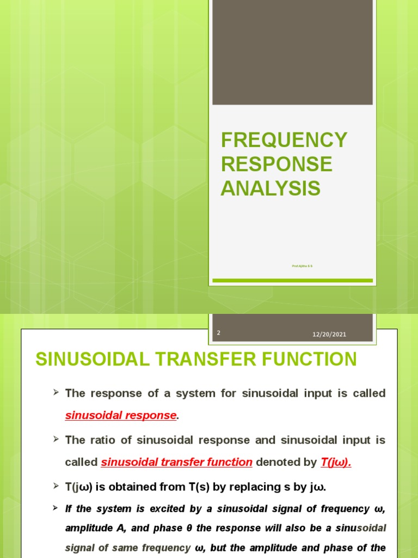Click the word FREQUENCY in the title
coord(284,140)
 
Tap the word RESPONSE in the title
coord(276,164)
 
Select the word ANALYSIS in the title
coord(271,188)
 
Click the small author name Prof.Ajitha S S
coord(302,266)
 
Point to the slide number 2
coord(218,332)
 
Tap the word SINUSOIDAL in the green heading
coord(104,360)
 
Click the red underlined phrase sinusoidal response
coord(121,415)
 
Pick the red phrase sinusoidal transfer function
coord(177,462)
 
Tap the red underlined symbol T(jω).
coord(336,462)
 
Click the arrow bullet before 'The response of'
coord(56,392)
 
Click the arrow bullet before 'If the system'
coord(56,507)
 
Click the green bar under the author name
coord(292,281)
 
